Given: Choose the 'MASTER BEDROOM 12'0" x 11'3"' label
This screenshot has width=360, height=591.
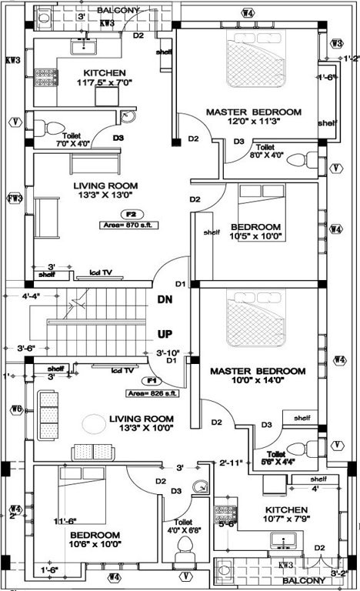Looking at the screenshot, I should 253,118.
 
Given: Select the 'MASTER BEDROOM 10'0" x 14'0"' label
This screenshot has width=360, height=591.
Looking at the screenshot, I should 257,376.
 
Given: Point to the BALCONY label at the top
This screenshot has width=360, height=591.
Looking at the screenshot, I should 118,11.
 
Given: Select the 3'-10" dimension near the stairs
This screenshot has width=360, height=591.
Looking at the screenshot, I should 168,352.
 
